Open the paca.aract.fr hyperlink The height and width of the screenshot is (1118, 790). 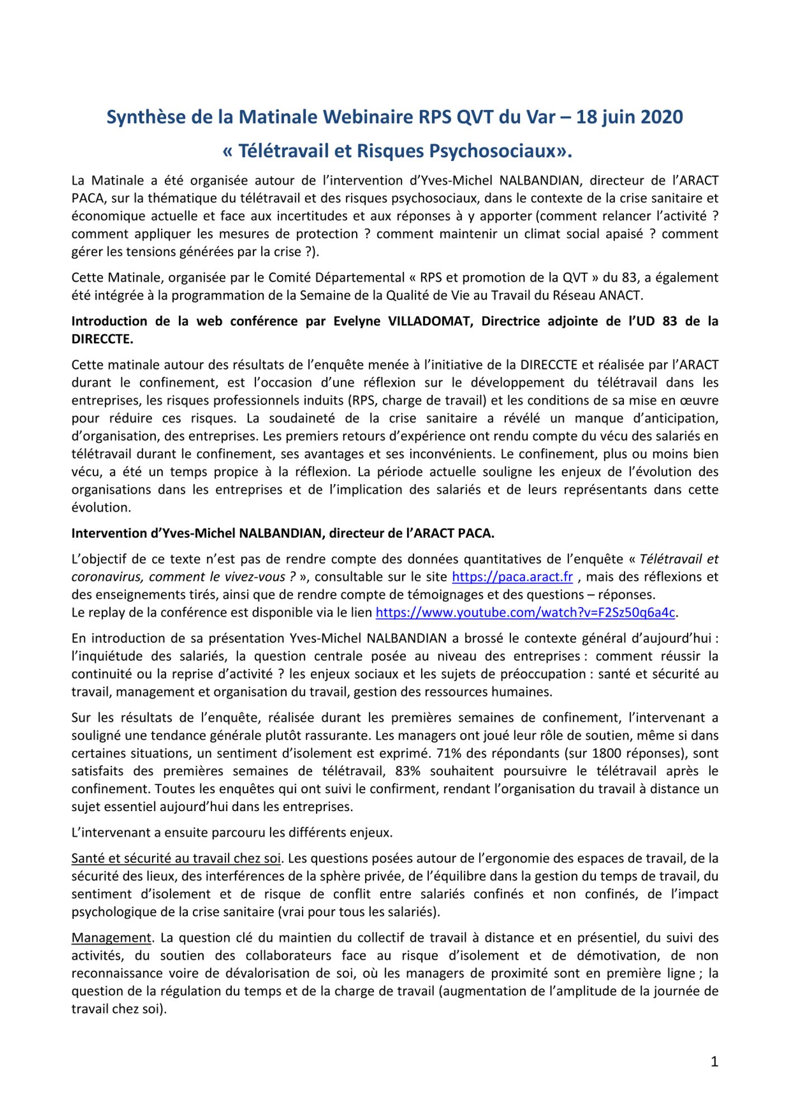(512, 577)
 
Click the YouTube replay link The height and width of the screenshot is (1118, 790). (525, 613)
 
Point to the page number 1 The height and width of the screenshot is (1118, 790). (714, 1062)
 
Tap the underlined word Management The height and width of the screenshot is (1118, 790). (111, 938)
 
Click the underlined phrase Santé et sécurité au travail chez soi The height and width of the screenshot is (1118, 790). (176, 859)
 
